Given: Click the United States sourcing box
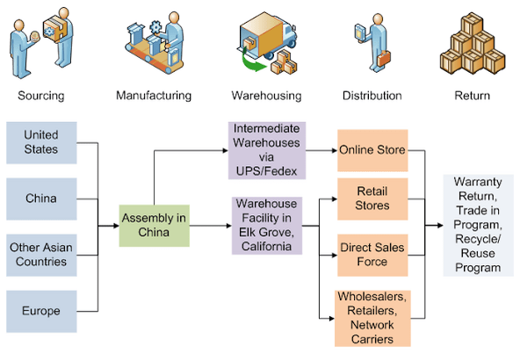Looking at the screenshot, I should (x=41, y=142).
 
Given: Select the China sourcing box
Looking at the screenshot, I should (x=41, y=198).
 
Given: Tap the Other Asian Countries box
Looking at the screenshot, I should (x=41, y=255).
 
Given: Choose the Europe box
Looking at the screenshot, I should (x=41, y=310).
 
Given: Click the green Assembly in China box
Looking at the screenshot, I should (x=155, y=225).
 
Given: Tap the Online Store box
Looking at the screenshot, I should (x=372, y=149).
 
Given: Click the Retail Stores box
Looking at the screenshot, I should (x=372, y=198).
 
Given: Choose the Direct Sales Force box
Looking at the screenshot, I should (x=372, y=256).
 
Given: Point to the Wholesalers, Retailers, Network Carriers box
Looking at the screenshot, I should (x=372, y=317).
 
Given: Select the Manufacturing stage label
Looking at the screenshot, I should (x=155, y=95).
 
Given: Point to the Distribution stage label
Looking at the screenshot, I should (x=372, y=95).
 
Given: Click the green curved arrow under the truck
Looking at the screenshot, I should (x=256, y=65).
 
